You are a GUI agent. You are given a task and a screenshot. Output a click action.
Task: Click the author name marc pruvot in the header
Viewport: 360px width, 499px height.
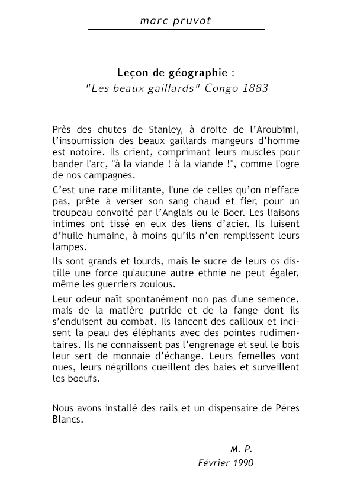[x=175, y=20]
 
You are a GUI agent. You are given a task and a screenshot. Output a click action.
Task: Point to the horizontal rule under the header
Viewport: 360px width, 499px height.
[x=175, y=29]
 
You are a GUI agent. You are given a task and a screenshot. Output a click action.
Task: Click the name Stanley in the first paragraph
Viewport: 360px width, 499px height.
[x=137, y=129]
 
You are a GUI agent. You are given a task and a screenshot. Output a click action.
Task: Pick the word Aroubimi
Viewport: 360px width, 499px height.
[x=282, y=129]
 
